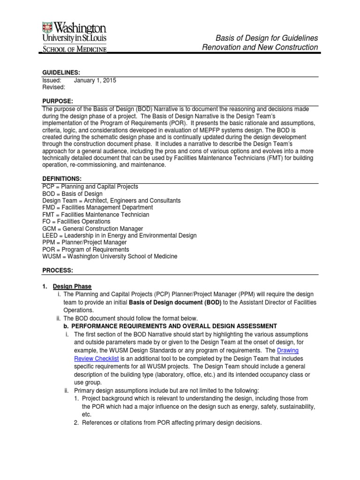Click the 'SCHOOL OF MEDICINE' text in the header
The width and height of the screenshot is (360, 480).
point(75,48)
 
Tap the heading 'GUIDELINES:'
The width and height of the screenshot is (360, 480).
point(61,73)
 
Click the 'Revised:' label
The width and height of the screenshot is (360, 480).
point(53,87)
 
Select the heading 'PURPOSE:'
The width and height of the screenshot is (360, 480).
point(58,101)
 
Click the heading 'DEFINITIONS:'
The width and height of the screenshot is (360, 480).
point(62,179)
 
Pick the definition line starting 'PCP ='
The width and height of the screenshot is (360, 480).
point(90,187)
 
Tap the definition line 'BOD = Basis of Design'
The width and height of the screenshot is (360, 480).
point(72,194)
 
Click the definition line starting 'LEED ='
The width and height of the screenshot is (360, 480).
point(119,235)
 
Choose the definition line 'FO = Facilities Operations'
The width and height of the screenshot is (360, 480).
point(76,221)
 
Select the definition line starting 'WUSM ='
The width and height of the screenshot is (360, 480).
point(110,256)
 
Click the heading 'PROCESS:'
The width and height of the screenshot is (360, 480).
point(57,270)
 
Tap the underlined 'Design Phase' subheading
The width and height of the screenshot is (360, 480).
point(72,286)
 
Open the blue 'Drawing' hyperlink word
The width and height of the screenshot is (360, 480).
point(288,350)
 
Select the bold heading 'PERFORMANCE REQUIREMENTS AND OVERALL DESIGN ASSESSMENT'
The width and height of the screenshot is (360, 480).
point(174,326)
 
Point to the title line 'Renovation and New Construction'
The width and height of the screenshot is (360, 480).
point(260,47)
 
